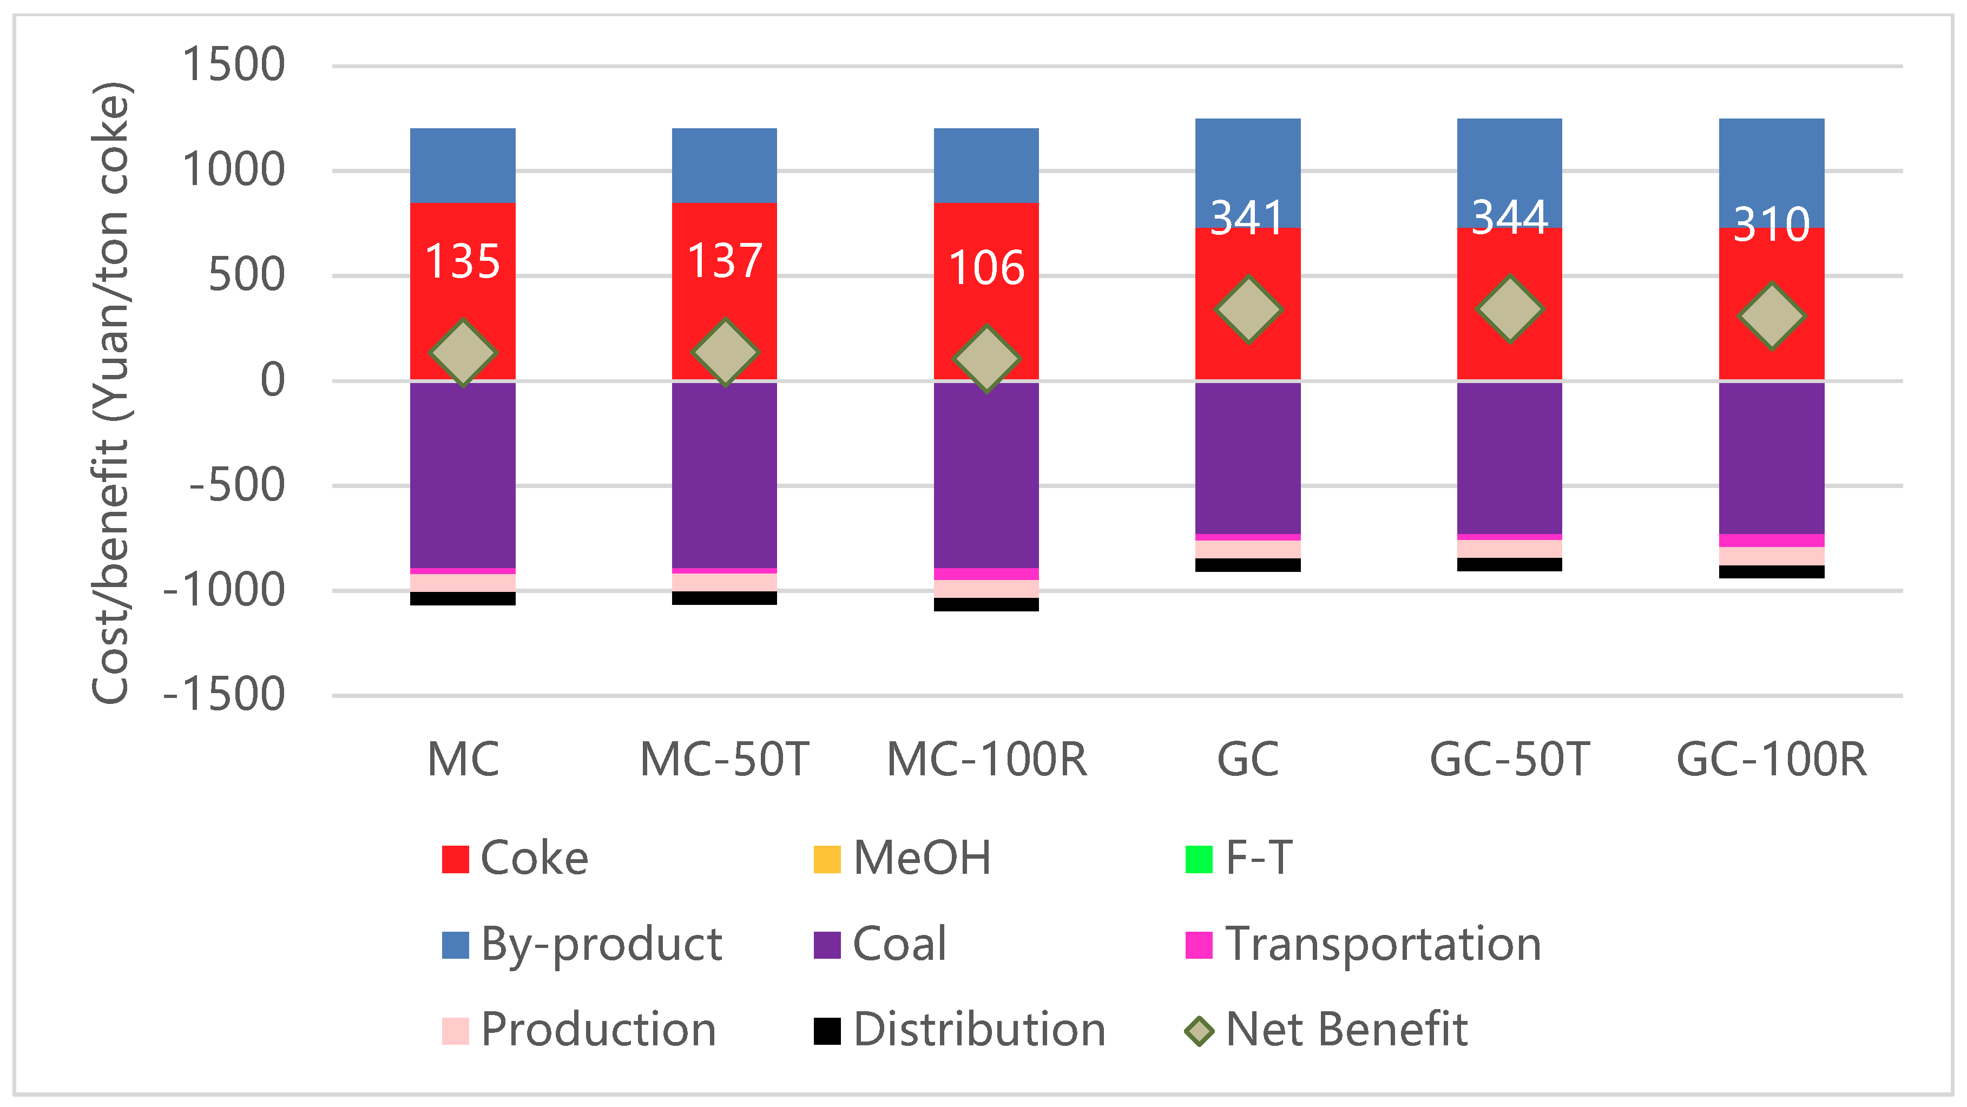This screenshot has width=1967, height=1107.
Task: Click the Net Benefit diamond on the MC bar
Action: pyautogui.click(x=463, y=352)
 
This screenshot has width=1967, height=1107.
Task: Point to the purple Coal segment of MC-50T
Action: pyautogui.click(x=724, y=473)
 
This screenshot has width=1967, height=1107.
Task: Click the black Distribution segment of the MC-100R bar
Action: pyautogui.click(x=986, y=604)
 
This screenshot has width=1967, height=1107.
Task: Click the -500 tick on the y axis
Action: pyautogui.click(x=236, y=485)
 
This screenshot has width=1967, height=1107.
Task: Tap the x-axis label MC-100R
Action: pyautogui.click(x=986, y=760)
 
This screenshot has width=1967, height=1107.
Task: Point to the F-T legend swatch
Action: pyautogui.click(x=1199, y=859)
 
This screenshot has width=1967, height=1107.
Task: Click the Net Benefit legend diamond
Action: pyautogui.click(x=1199, y=1031)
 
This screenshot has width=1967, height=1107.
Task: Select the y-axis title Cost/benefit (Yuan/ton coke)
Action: pyautogui.click(x=111, y=393)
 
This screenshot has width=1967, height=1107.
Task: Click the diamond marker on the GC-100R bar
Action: pyautogui.click(x=1772, y=315)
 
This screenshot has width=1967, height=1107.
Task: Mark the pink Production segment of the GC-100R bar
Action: pyautogui.click(x=1772, y=556)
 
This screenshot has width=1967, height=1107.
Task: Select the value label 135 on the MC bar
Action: pyautogui.click(x=462, y=261)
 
